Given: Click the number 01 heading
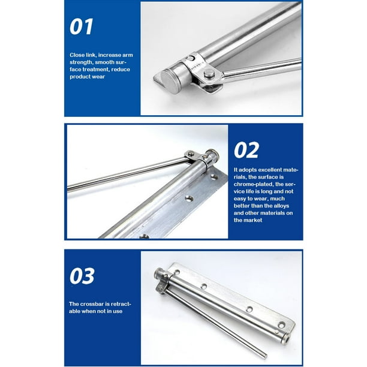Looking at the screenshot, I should (x=83, y=27).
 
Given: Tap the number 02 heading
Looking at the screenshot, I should (x=246, y=150).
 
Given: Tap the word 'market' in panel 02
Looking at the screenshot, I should (x=245, y=220).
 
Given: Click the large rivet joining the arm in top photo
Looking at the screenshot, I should (x=208, y=74).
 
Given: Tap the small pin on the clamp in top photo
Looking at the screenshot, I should (x=191, y=58).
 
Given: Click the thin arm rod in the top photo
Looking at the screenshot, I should (x=264, y=68).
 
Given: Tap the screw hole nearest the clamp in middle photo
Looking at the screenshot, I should (x=191, y=197).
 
